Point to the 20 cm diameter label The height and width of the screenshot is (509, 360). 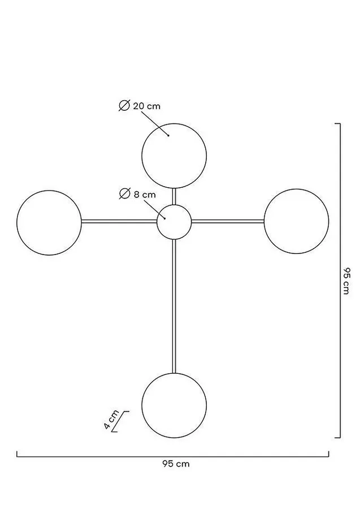click(146, 106)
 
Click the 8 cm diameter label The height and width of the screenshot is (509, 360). click(145, 195)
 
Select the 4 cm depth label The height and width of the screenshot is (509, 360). click(111, 420)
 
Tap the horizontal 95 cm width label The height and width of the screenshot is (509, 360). click(176, 464)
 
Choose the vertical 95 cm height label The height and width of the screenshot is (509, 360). click(346, 281)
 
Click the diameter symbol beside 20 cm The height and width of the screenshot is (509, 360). click(124, 106)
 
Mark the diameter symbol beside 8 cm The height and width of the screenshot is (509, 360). click(124, 194)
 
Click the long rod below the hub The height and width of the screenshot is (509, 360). click(174, 306)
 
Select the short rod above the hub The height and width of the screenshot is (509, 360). click(174, 196)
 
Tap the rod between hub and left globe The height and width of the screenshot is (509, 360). click(119, 222)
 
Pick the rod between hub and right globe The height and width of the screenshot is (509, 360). click(228, 221)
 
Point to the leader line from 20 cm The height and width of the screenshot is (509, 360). click(155, 123)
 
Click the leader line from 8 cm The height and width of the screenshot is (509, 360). click(154, 210)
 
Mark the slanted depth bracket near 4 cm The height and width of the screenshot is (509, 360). click(120, 421)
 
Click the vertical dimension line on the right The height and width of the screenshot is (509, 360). click(339, 281)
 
